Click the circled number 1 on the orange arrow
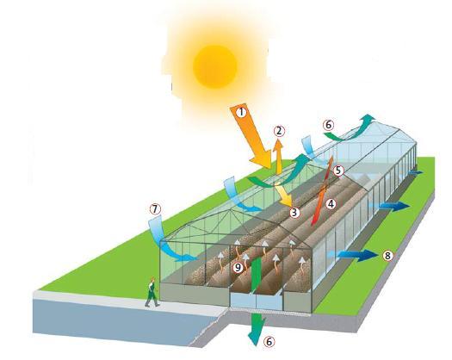point(242,112)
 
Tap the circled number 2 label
point(279,131)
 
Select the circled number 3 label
point(294,213)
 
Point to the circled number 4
point(331,204)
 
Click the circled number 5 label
point(338,171)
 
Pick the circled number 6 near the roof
point(328,125)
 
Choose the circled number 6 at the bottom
point(269,342)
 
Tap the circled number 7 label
point(155,209)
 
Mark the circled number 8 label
point(387,255)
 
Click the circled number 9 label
point(238,268)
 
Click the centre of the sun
point(214,66)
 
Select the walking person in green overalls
point(152,292)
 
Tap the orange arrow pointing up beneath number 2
point(278,157)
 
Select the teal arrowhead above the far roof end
point(368,117)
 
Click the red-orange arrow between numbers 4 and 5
point(322,191)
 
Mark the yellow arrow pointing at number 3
point(283,195)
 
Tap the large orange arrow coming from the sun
point(251,136)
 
